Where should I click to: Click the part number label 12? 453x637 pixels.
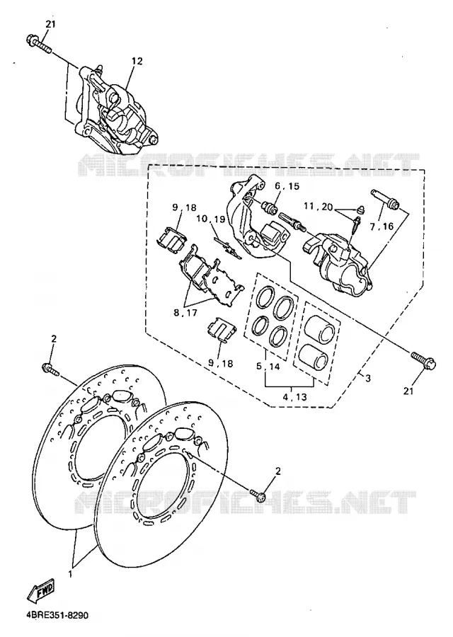pos(137,62)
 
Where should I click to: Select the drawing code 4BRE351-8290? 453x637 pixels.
pos(58,615)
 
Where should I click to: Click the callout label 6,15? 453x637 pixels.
pos(287,186)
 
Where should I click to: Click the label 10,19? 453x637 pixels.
pos(210,219)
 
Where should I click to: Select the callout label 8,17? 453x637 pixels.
pos(185,313)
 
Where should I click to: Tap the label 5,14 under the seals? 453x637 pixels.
pos(268,366)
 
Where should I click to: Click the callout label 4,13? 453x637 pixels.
pos(294,397)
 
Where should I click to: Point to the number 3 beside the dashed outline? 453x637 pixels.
pos(368,379)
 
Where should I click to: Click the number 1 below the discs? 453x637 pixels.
pos(70,575)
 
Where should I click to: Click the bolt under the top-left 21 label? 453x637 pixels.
pos(39,45)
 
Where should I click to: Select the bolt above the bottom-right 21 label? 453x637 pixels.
pos(423,361)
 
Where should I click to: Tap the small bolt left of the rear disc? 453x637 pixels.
pos(50,369)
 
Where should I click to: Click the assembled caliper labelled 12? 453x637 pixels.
pos(116,110)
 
